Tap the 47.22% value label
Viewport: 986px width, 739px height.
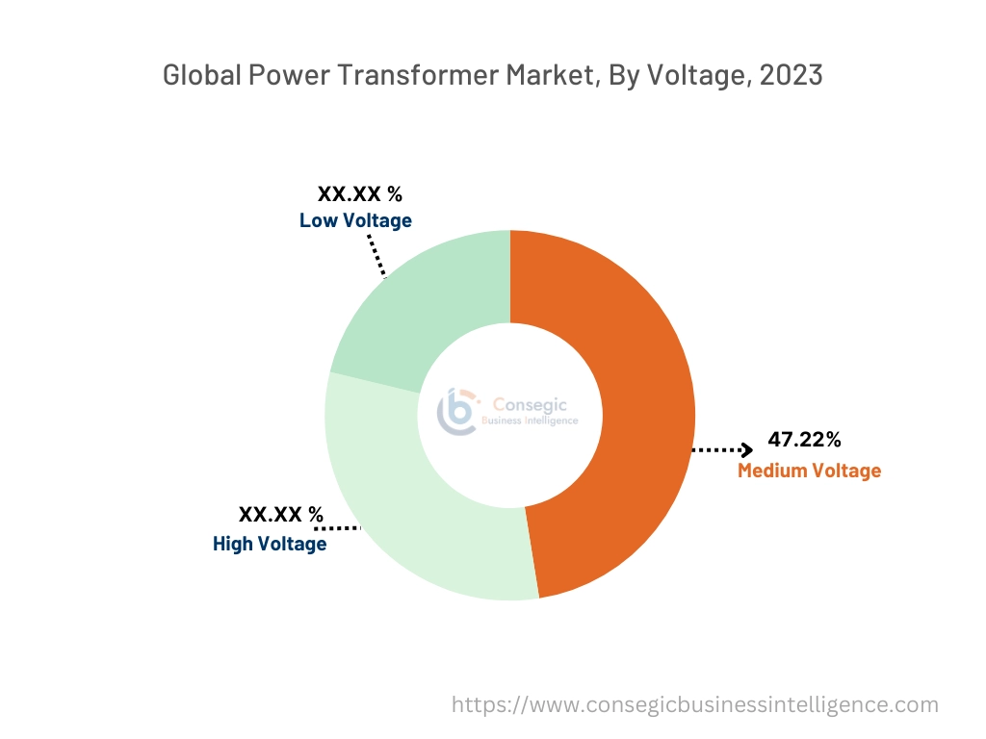click(804, 440)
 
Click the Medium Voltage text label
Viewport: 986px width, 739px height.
click(809, 471)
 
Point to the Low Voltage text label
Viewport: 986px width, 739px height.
click(355, 220)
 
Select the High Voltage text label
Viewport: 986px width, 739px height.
click(270, 544)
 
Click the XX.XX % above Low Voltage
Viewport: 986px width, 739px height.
click(360, 193)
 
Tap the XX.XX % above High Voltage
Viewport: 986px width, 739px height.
click(281, 515)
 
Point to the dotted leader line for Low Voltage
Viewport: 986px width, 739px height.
click(376, 255)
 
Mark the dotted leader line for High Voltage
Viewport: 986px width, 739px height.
click(337, 528)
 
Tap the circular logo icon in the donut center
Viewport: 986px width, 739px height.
click(458, 412)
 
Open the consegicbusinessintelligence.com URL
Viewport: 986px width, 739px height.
click(694, 704)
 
